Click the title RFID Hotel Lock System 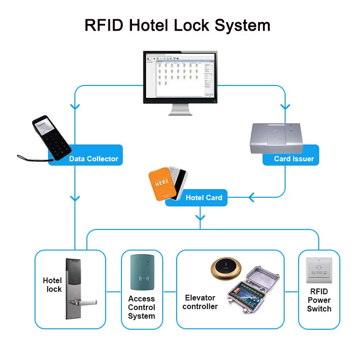point(177,25)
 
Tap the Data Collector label point(93,159)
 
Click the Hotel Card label point(204,198)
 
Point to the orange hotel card point(159,183)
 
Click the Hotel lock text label point(53,285)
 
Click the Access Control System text point(142,307)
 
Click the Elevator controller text point(201,302)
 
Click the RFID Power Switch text point(319,300)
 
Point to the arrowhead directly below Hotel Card point(200,218)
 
